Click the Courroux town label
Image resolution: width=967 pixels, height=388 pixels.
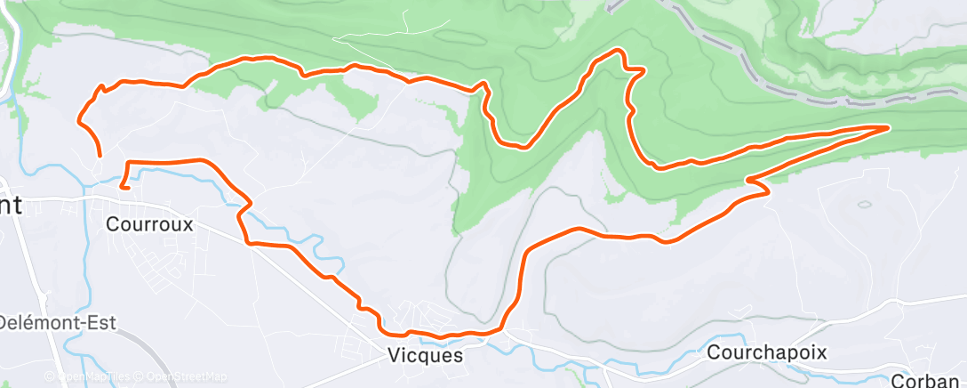coord(149,224)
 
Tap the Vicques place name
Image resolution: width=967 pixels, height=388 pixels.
coord(425,354)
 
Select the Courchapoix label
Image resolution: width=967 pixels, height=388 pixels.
coord(766,352)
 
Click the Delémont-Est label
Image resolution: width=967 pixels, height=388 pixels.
coord(57,322)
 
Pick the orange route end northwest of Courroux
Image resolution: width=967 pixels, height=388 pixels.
coord(98,155)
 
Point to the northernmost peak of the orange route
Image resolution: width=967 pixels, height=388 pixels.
coord(613,53)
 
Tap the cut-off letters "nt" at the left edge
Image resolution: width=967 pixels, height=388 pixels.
coord(11,206)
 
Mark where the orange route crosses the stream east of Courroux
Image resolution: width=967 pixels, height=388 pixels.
coord(245,206)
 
